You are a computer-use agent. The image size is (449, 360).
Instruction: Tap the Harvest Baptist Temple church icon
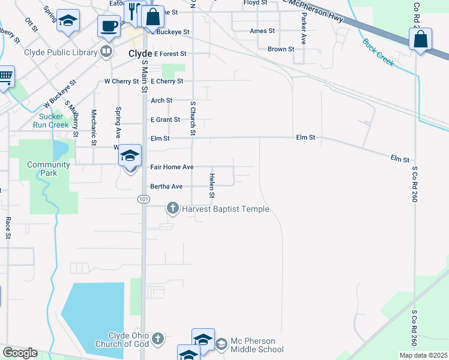[x=172, y=209]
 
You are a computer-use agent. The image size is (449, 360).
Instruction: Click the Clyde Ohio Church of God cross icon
[x=157, y=339]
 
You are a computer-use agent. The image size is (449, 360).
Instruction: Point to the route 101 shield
[x=143, y=199]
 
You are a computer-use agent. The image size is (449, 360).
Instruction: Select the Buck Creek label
[x=378, y=52]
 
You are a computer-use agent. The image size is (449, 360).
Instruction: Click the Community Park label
[x=49, y=169]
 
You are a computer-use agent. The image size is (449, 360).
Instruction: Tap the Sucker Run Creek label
[x=55, y=121]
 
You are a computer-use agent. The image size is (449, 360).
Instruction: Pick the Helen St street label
[x=212, y=185]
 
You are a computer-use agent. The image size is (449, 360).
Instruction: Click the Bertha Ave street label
[x=166, y=187]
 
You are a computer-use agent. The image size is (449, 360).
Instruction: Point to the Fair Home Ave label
[x=172, y=167]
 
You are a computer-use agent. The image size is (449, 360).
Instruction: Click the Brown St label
[x=281, y=49]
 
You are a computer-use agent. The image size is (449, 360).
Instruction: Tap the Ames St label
[x=262, y=31]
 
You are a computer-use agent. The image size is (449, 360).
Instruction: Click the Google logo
[x=20, y=353]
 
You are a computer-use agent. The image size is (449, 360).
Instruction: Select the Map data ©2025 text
[x=423, y=355]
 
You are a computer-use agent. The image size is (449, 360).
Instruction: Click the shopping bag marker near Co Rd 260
[x=421, y=40]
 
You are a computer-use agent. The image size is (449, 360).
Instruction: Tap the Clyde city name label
[x=140, y=53]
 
